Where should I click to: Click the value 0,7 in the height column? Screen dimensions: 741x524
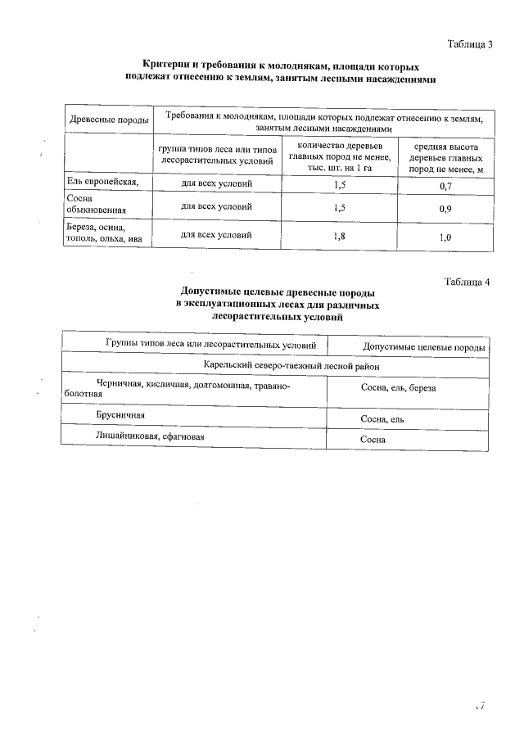[446, 187]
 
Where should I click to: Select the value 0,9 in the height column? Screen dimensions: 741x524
[446, 210]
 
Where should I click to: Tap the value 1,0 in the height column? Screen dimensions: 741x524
[446, 238]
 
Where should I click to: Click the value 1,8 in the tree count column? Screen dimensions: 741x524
[340, 237]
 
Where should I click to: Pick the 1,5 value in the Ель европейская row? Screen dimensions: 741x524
[340, 185]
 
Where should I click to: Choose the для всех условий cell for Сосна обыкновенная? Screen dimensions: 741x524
[217, 207]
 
